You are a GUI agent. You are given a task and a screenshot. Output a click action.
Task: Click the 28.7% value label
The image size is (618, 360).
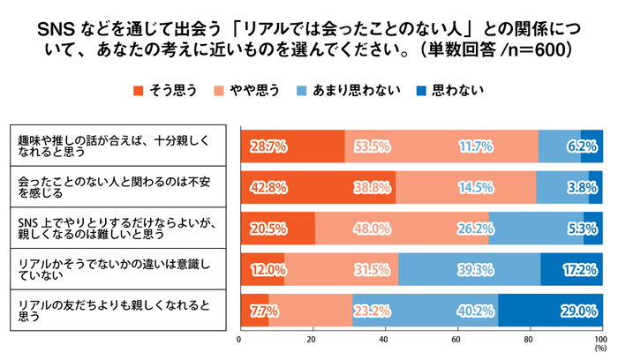tap(267, 146)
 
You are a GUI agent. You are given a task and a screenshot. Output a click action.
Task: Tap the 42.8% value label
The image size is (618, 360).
tap(267, 188)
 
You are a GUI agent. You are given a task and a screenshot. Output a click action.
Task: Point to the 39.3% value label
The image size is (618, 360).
tap(470, 269)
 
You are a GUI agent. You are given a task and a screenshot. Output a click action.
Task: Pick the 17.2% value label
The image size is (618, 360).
tap(580, 269)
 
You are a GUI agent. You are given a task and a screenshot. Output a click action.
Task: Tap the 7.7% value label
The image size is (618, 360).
tap(263, 310)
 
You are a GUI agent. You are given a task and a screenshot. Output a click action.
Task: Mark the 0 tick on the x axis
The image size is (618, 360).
tap(240, 338)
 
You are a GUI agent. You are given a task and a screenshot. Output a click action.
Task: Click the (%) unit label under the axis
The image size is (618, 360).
tap(601, 349)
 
